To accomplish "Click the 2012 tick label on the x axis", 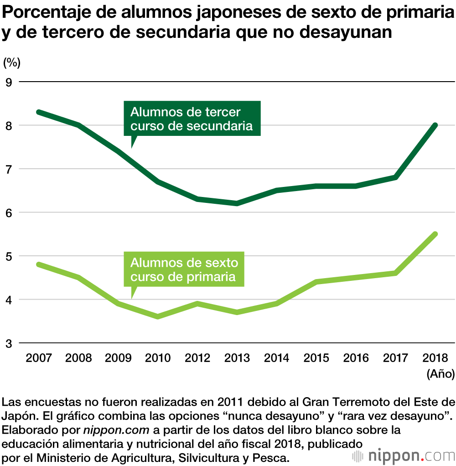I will tap(197, 357).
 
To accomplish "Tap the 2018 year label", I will tap(435, 357).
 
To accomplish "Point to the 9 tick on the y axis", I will tap(9, 82).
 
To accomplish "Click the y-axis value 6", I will tap(9, 212).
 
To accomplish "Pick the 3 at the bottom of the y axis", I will tap(9, 343).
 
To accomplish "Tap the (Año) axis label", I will tap(440, 374).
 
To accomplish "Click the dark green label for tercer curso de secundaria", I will tap(192, 119).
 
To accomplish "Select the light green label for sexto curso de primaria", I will tap(184, 269).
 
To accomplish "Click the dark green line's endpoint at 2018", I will tap(435, 125).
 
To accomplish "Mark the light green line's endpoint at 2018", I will tap(435, 234).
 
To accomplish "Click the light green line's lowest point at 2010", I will tap(158, 316).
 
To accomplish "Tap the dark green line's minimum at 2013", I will tap(237, 203).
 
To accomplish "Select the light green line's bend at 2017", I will tap(395, 273).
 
